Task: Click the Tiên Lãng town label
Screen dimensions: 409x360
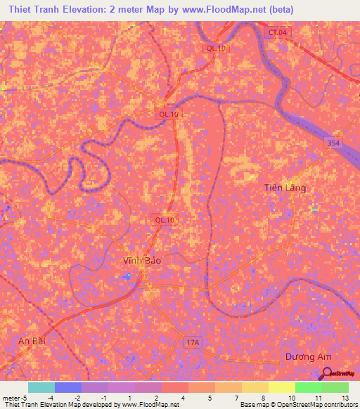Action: (x=285, y=188)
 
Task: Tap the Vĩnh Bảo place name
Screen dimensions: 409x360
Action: (x=143, y=260)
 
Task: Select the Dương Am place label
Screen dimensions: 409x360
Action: (x=308, y=357)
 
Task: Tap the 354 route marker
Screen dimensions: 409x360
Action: (x=334, y=143)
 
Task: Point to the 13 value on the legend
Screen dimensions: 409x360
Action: (x=345, y=397)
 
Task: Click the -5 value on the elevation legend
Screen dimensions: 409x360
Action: (x=24, y=397)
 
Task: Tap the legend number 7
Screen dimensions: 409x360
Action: (x=234, y=397)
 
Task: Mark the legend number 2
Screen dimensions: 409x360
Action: (x=155, y=397)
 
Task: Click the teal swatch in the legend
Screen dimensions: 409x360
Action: (x=41, y=387)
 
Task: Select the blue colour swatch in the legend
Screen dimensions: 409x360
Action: (x=67, y=387)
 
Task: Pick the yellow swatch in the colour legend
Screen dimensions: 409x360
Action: (x=281, y=387)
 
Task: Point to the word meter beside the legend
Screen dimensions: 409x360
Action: (x=10, y=397)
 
